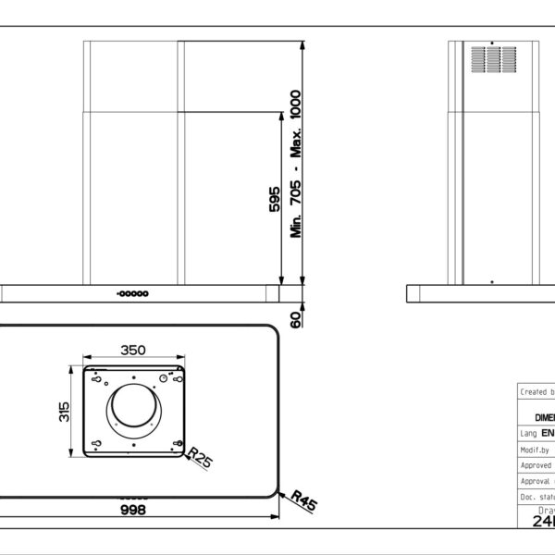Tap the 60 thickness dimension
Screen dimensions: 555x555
[297, 320]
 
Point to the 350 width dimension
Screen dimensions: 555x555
[134, 351]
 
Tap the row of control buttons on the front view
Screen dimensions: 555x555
[133, 293]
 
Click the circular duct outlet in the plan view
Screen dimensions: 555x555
[135, 413]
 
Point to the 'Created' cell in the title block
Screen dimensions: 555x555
[536, 391]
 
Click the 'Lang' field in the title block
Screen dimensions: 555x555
[536, 432]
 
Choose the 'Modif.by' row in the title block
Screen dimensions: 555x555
[536, 449]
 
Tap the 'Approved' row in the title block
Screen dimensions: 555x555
[536, 465]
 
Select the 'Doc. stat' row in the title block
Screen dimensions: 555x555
[536, 498]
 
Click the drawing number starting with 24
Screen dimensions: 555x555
[542, 521]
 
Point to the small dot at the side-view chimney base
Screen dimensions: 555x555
[492, 280]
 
